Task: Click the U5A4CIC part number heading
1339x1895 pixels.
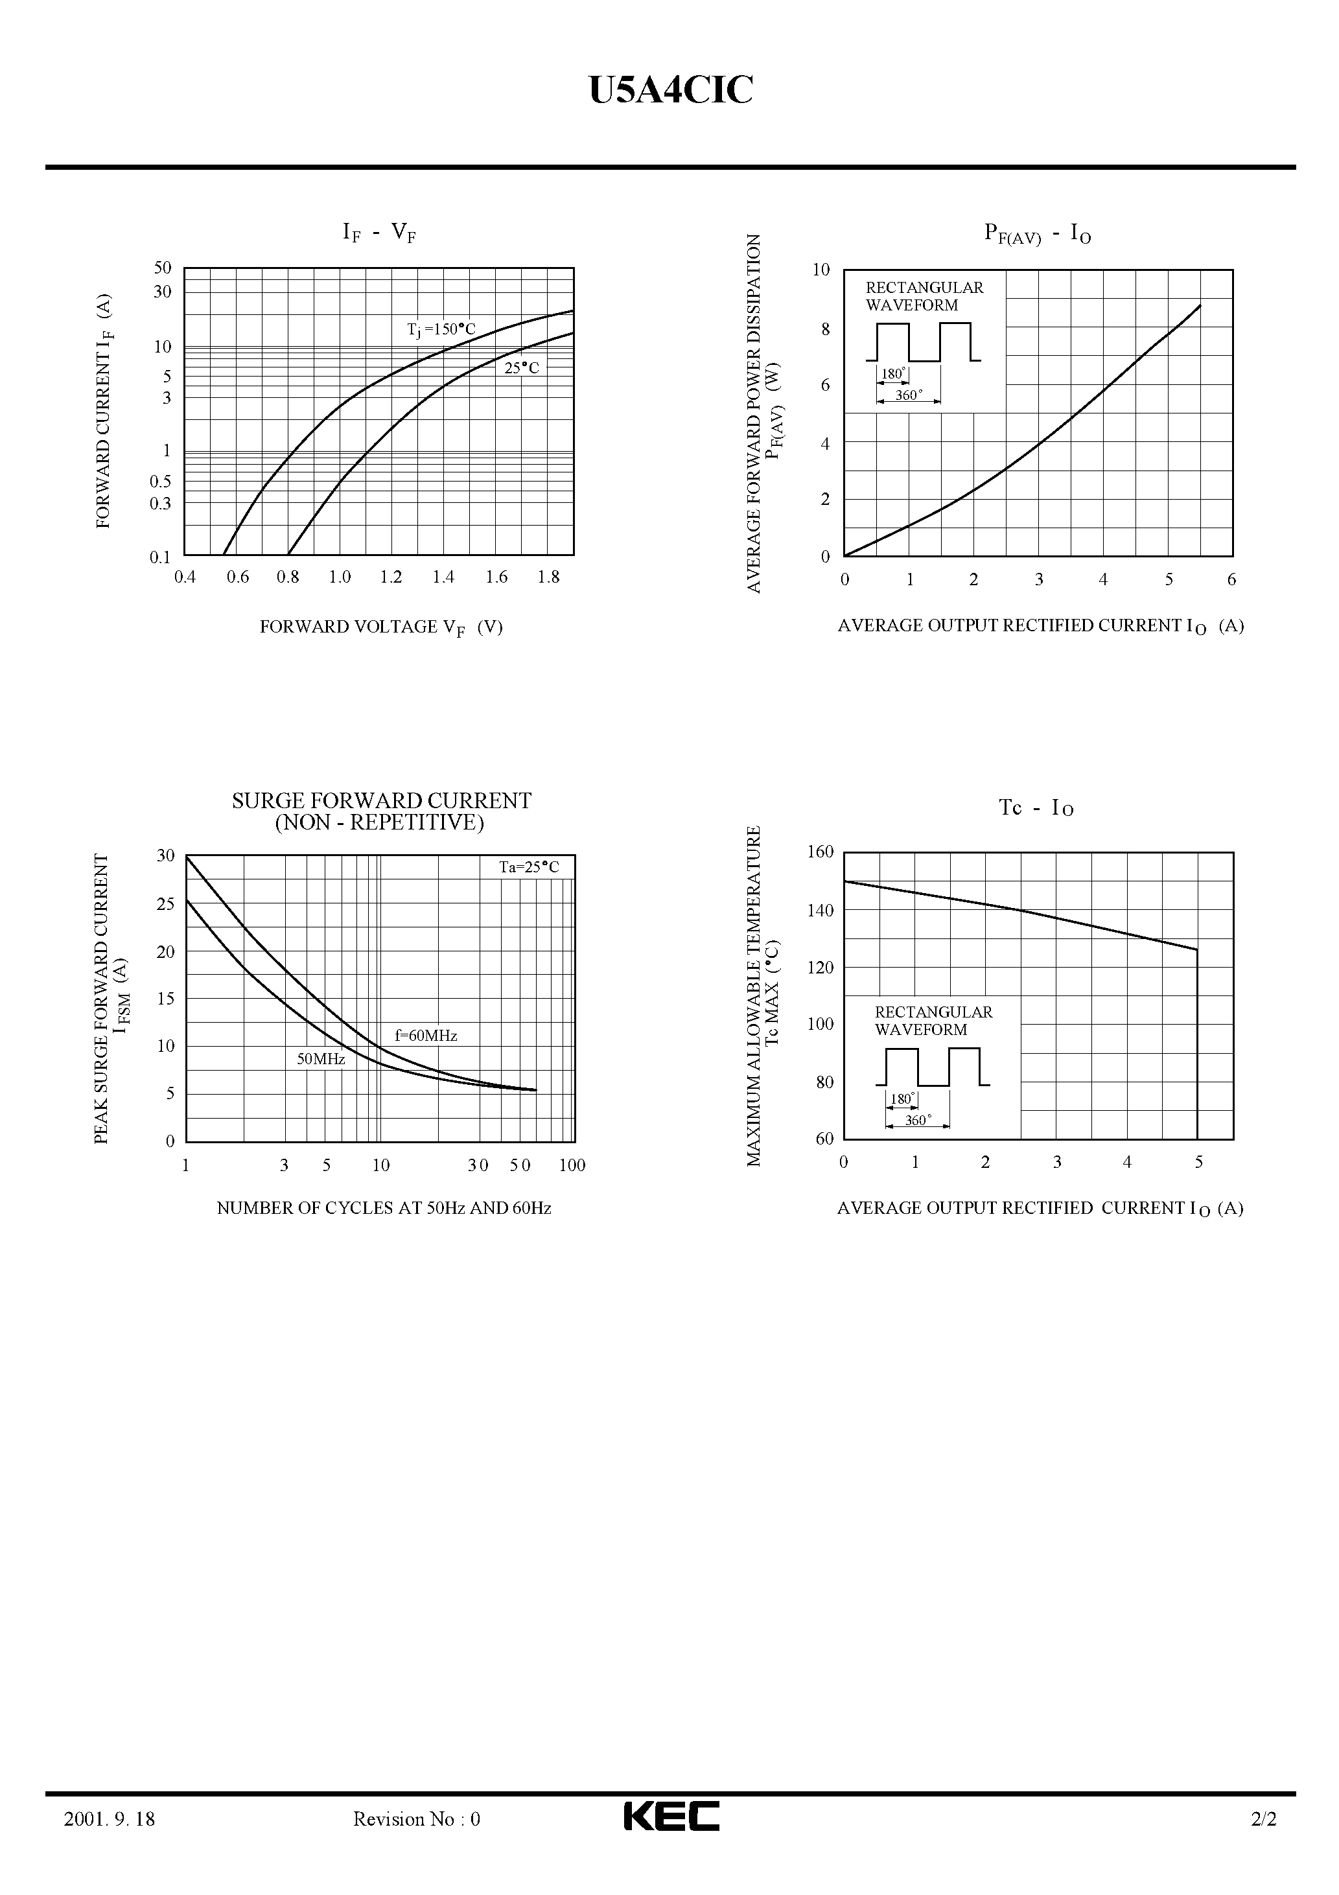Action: point(670,91)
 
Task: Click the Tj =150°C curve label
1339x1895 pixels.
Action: point(441,330)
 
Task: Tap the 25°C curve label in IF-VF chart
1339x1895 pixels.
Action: point(522,368)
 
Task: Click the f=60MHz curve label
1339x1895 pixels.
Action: point(426,1036)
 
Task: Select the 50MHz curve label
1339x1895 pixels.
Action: point(321,1059)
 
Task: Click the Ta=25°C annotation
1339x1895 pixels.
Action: point(528,867)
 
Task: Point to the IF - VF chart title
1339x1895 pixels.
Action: point(379,233)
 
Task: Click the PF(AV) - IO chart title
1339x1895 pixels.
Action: point(1038,235)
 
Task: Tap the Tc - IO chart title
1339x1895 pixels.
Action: point(1037,808)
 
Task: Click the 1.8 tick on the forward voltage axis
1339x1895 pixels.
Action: point(548,577)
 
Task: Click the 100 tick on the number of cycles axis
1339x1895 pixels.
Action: point(571,1165)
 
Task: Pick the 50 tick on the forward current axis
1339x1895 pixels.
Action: point(163,268)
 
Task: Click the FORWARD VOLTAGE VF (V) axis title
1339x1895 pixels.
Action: point(380,627)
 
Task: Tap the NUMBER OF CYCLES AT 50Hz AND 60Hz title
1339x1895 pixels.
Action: point(384,1208)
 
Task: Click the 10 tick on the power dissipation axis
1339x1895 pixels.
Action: point(821,270)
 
